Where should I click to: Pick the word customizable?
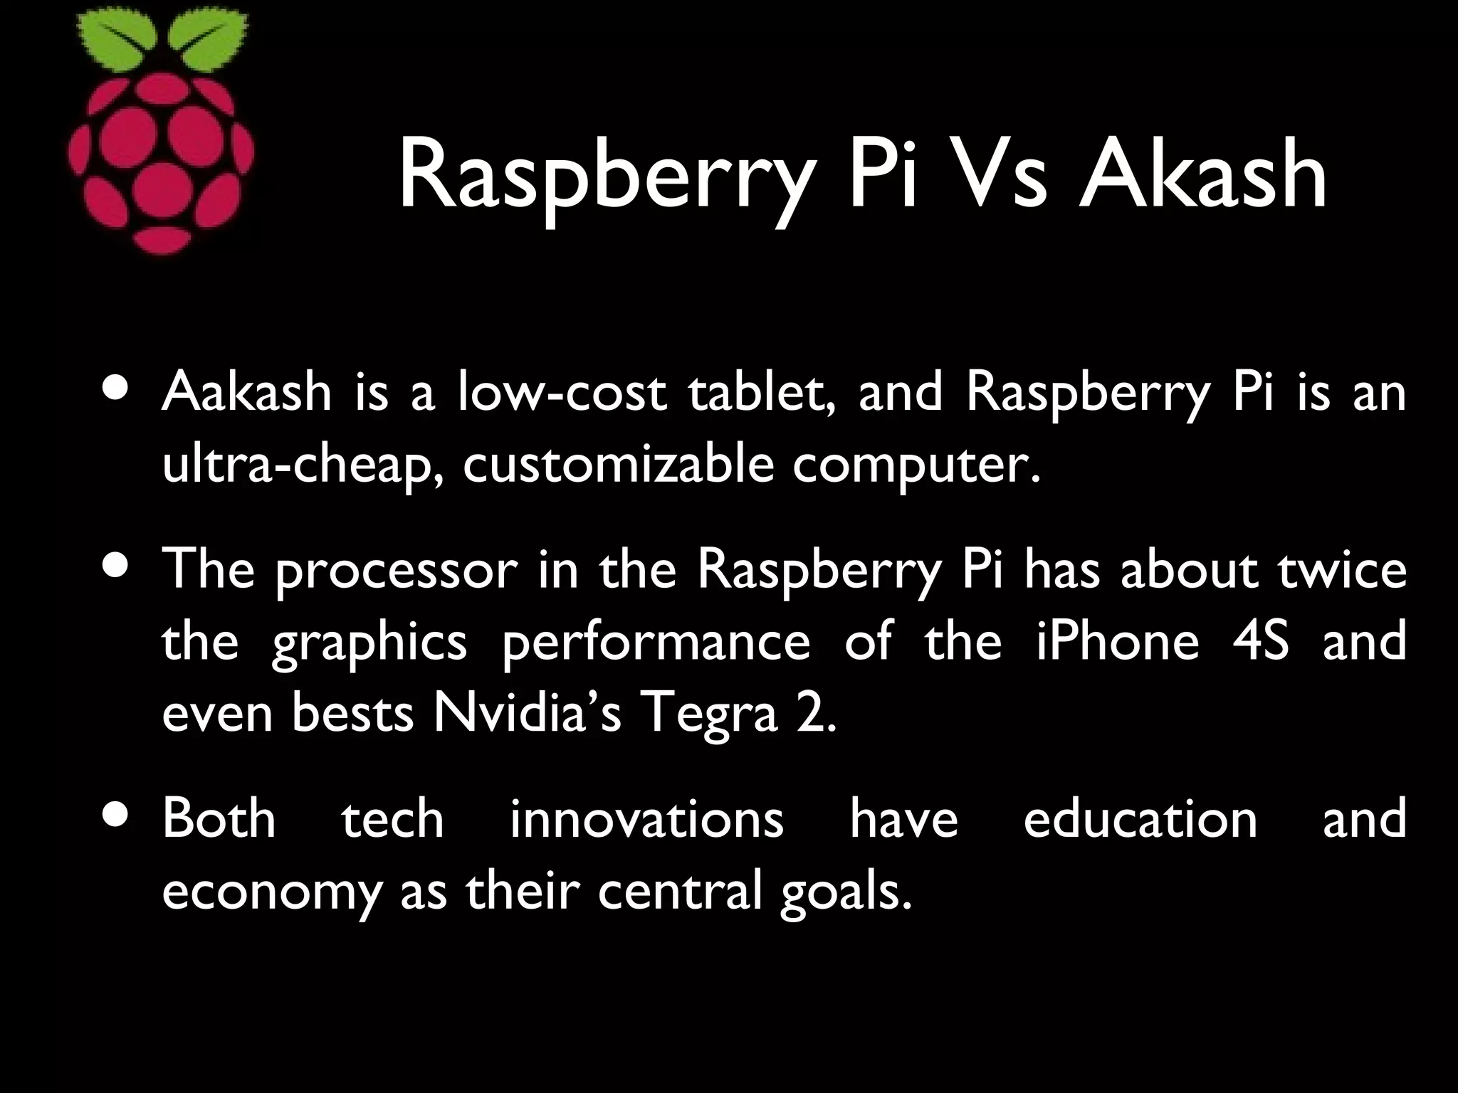tap(618, 466)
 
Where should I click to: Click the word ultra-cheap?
tap(305, 466)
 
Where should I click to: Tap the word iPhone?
tap(1117, 641)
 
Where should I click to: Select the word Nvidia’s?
tap(527, 714)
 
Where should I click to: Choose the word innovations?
tap(646, 819)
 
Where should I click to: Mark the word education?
tap(1140, 819)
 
